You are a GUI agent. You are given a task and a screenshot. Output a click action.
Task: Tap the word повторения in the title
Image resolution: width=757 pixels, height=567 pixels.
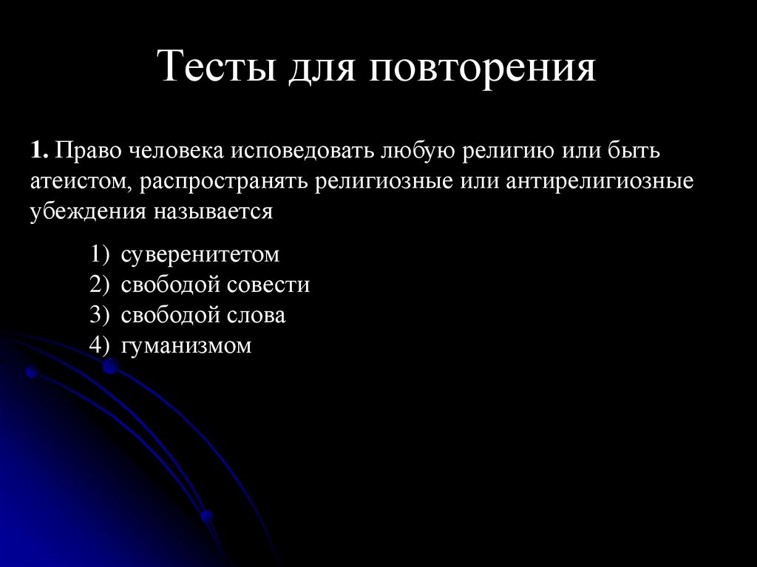coord(478,68)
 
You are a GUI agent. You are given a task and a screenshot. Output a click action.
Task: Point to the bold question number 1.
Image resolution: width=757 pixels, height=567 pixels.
coord(39,151)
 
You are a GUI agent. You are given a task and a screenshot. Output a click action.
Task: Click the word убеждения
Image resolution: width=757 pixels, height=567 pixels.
coord(88,211)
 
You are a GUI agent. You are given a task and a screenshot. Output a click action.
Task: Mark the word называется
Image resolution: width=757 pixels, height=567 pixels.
coord(214,211)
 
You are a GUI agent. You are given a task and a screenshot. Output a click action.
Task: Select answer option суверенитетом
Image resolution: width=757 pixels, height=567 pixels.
coord(201,255)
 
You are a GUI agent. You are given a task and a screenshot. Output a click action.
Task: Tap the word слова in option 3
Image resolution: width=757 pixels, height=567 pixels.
coord(256,316)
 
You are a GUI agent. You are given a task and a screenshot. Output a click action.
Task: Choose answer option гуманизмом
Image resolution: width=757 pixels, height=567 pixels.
coord(187,345)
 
